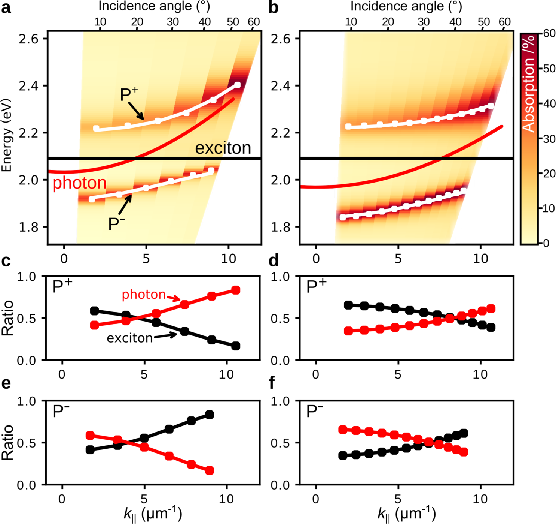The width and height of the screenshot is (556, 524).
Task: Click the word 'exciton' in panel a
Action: tap(223, 148)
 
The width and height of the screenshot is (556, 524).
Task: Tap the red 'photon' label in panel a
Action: tap(79, 183)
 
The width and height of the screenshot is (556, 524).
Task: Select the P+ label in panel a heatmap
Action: tap(129, 95)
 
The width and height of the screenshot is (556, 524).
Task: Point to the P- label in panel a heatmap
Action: tap(116, 224)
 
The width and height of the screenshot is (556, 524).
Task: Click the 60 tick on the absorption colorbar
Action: tap(549, 33)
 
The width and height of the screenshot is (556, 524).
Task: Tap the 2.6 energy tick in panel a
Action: tap(29, 39)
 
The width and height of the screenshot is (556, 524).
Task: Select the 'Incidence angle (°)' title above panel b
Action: tap(406, 6)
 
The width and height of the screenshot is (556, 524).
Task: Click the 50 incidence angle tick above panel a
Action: tap(233, 22)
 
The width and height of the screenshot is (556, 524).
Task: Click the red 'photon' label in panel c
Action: tap(144, 295)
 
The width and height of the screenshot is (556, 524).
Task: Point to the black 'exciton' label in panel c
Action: tap(129, 338)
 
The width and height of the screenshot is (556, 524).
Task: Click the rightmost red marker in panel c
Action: tap(236, 290)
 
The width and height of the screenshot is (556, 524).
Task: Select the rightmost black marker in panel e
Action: tap(210, 415)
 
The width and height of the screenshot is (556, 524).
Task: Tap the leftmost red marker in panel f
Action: tap(343, 430)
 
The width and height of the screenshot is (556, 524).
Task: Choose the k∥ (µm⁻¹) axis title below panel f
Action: tap(406, 514)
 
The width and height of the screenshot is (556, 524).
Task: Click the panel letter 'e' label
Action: tap(6, 383)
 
